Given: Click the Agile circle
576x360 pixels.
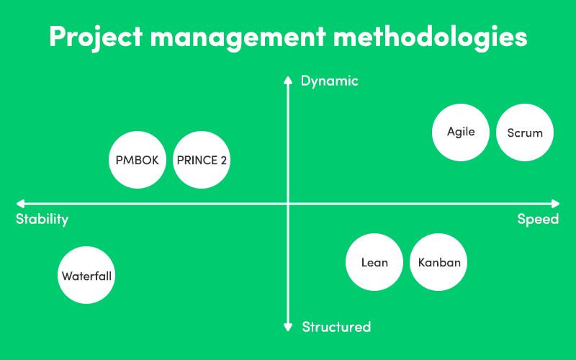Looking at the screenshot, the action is pyautogui.click(x=461, y=132).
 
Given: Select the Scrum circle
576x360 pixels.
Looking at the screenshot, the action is pyautogui.click(x=525, y=132).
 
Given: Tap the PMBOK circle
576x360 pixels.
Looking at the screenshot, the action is pyautogui.click(x=138, y=160).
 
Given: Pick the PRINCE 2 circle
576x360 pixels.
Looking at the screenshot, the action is pyautogui.click(x=202, y=160).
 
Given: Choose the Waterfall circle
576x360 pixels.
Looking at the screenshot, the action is pyautogui.click(x=86, y=275).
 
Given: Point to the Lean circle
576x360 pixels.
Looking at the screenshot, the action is pyautogui.click(x=374, y=262).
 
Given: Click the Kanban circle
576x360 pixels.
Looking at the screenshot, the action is pyautogui.click(x=438, y=262).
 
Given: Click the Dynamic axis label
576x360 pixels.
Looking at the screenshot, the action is pyautogui.click(x=330, y=81).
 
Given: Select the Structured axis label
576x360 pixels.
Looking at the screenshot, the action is pyautogui.click(x=336, y=327).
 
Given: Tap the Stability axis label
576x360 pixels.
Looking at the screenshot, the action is pyautogui.click(x=42, y=220).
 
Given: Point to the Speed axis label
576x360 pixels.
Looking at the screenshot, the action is pyautogui.click(x=538, y=220).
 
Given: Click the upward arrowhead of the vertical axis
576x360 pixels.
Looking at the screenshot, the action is pyautogui.click(x=288, y=80).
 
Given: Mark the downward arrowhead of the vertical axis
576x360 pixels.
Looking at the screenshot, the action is pyautogui.click(x=288, y=328).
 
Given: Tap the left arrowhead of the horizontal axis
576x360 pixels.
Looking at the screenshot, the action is pyautogui.click(x=20, y=204).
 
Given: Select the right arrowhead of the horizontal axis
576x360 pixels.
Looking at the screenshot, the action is pyautogui.click(x=555, y=204).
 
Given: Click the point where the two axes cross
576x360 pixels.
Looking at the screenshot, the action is pyautogui.click(x=288, y=204).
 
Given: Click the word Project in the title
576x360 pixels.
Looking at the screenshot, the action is pyautogui.click(x=96, y=37).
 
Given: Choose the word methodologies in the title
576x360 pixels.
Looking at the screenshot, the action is pyautogui.click(x=430, y=37).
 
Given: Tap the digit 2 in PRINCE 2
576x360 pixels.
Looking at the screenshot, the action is pyautogui.click(x=224, y=160).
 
